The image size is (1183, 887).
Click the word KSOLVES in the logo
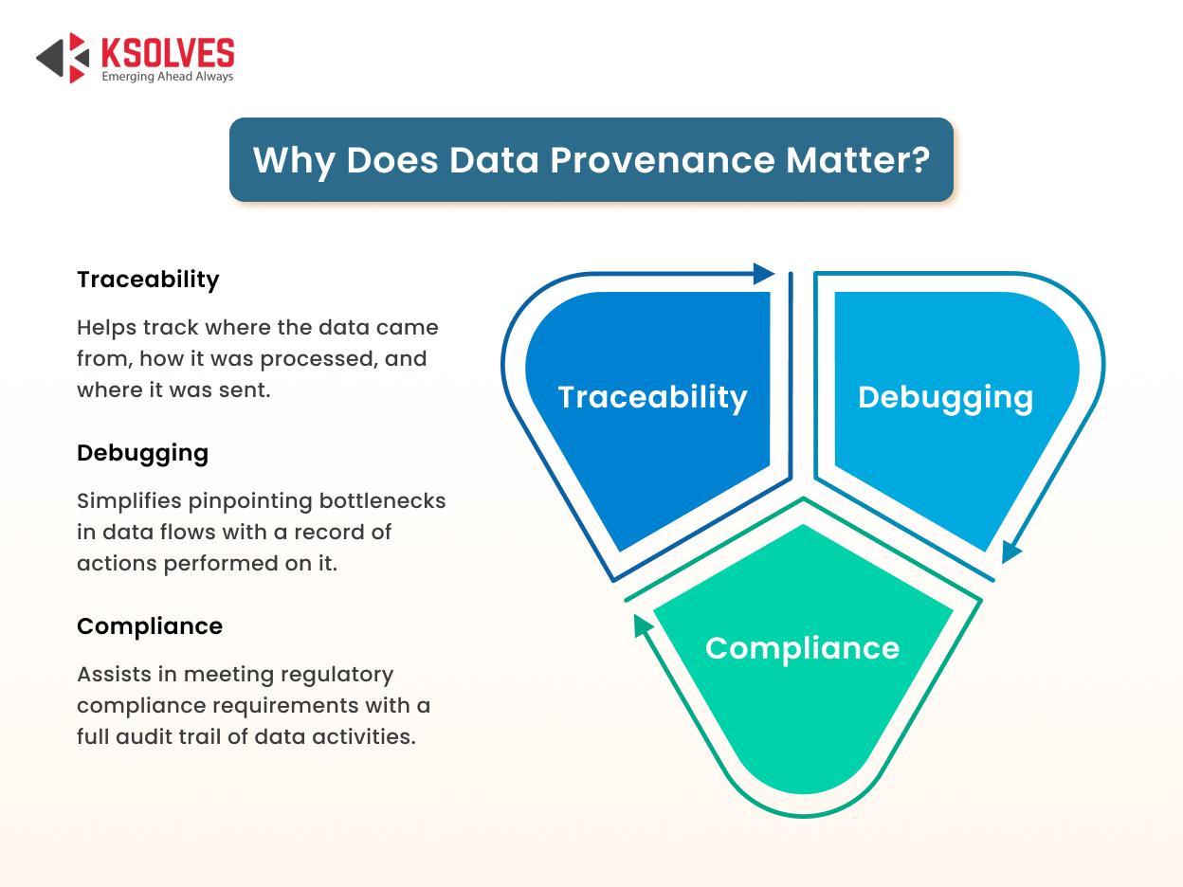[x=168, y=52]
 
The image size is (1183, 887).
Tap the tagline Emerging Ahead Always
[x=168, y=77]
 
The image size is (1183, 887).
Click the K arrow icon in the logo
[x=63, y=58]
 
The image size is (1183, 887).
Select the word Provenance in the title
[x=663, y=160]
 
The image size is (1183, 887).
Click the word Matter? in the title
[x=858, y=160]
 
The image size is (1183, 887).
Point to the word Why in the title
[x=294, y=161]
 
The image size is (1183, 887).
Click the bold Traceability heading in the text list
[x=148, y=280]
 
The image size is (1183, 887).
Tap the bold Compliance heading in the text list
[x=150, y=626]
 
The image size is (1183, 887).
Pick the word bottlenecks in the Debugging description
[x=383, y=501]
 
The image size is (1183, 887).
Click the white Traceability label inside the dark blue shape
[x=653, y=398]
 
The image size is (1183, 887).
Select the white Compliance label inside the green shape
[x=803, y=648]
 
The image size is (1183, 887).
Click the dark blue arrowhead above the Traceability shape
[x=763, y=274]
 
